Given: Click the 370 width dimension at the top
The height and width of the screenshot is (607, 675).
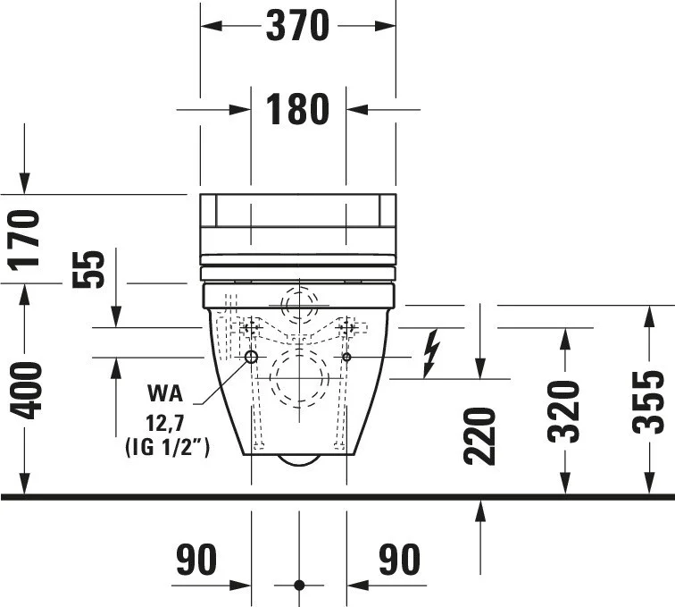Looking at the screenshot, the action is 297,26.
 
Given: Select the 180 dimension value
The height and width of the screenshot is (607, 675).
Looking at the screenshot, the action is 297,109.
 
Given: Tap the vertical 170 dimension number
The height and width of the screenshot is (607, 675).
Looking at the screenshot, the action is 24,240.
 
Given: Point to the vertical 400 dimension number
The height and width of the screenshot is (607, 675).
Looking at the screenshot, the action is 26,391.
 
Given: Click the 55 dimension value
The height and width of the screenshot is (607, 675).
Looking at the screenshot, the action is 88,269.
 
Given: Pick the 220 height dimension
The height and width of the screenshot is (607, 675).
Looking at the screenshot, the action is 480,436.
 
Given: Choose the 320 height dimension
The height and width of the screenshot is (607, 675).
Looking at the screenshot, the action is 564,412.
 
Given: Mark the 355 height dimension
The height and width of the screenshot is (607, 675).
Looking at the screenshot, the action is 648,401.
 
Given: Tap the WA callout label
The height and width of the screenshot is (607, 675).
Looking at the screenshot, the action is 165,393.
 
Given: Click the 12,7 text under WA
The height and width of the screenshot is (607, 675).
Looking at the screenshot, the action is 165,424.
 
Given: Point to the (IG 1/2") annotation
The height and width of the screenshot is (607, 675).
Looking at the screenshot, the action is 167,447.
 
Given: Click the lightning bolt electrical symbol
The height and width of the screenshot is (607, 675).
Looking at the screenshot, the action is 431,353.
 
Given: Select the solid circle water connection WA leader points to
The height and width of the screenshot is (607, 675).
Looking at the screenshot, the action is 252,357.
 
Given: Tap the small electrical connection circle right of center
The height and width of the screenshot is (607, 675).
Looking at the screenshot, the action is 346,357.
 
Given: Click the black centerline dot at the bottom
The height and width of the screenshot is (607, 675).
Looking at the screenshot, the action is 300,586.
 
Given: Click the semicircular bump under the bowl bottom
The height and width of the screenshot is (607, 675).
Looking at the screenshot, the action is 299,460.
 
